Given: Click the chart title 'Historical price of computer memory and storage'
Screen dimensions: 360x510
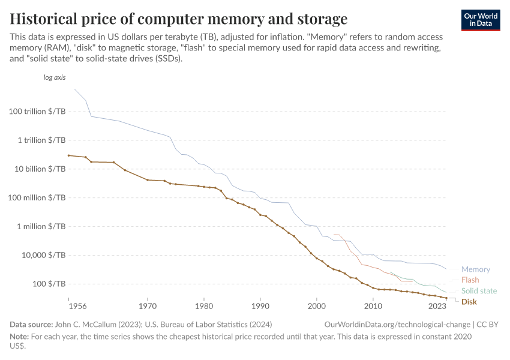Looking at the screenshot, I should click(179, 17).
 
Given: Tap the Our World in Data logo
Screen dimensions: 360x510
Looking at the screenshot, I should click(481, 20).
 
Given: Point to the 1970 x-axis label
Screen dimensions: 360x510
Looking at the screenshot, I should click(148, 306).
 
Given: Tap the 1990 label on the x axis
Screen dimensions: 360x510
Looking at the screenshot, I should click(260, 306).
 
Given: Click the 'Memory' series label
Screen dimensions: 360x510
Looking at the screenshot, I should click(475, 269).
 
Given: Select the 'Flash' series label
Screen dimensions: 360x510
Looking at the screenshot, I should click(470, 280).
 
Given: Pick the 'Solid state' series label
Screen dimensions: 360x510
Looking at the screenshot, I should click(479, 291).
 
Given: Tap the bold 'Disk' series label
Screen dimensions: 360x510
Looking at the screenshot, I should click(469, 302).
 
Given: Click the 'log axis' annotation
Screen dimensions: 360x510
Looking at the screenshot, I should click(55, 78).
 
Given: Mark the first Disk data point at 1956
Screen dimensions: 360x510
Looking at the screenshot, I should click(69, 155).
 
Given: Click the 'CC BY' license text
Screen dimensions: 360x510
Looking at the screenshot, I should click(488, 324).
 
